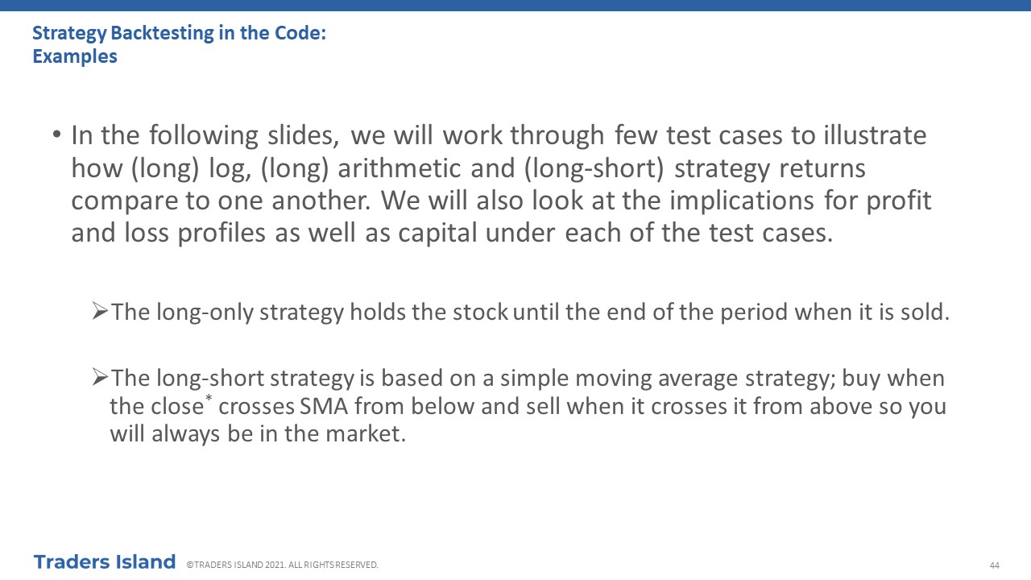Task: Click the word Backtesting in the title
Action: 162,34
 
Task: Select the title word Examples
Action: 75,57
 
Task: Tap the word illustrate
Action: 875,135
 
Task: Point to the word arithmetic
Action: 399,168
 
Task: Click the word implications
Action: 742,201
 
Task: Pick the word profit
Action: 899,201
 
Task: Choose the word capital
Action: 437,233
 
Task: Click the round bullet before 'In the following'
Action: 56,135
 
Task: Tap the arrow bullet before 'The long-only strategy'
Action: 100,311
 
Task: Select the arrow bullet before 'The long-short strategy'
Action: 100,377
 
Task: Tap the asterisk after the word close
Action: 209,397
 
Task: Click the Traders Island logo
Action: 105,562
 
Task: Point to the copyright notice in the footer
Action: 282,565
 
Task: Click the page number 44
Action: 994,565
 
